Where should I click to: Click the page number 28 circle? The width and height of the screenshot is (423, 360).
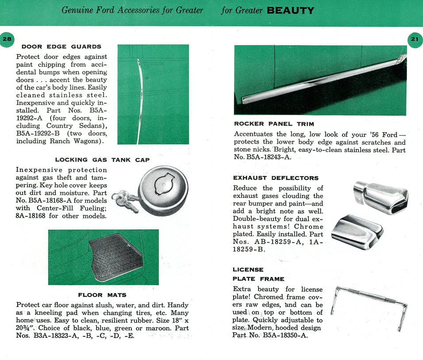point(7,39)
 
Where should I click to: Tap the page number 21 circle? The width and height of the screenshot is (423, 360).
point(415,39)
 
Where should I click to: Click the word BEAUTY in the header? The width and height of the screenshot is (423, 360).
point(291,10)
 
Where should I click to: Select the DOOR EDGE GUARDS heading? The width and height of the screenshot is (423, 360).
point(62,46)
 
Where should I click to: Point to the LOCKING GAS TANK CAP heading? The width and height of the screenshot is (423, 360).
point(102,160)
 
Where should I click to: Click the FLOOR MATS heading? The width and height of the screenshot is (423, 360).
point(102,295)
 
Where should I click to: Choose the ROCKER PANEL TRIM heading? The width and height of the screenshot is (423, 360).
point(274,124)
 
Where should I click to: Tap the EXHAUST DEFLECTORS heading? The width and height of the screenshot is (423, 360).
point(276,178)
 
